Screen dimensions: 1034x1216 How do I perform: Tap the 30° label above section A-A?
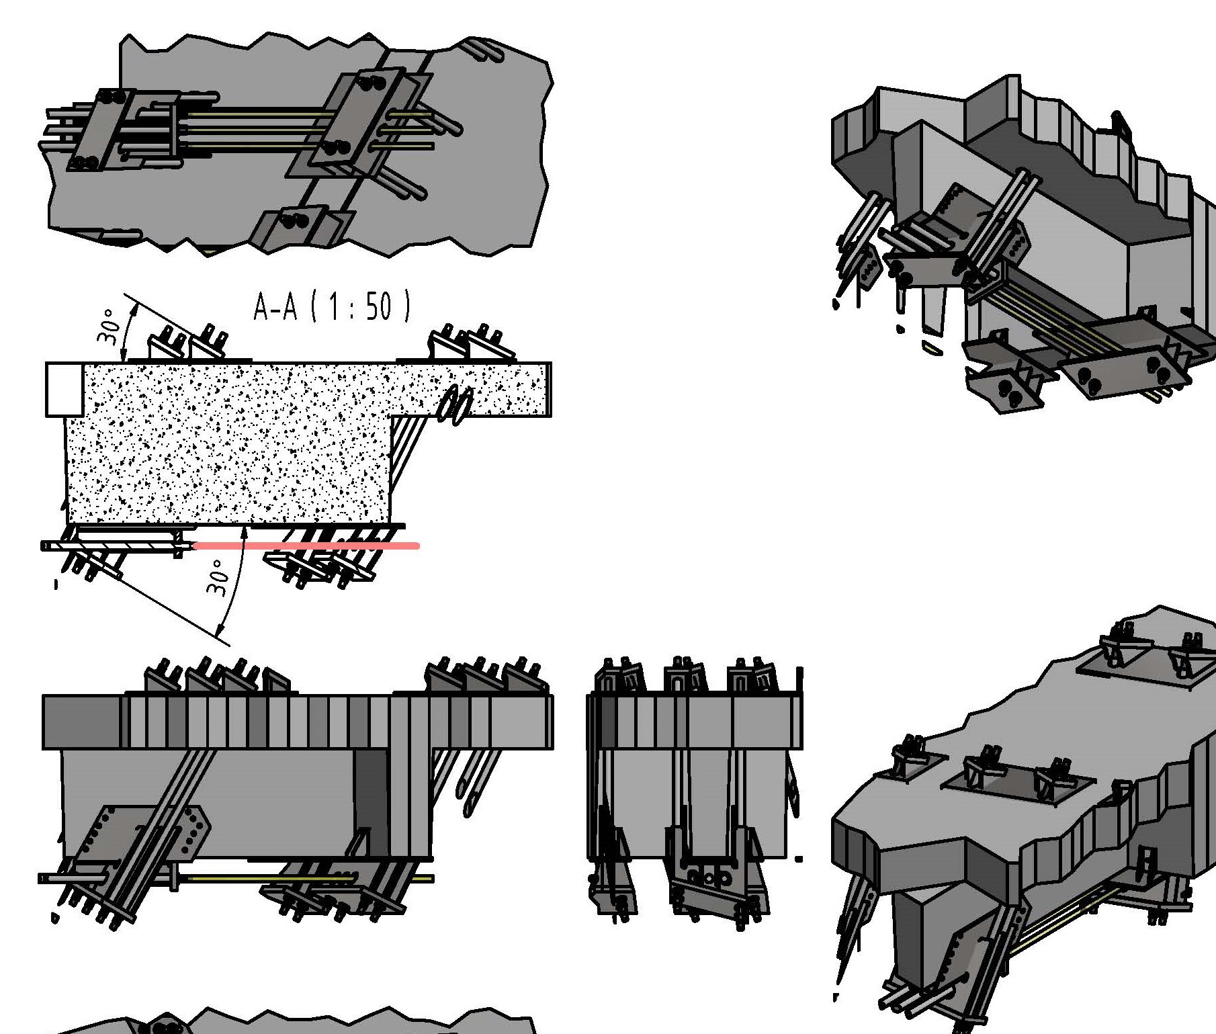point(110,327)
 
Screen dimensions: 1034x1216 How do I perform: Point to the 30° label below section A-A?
point(218,578)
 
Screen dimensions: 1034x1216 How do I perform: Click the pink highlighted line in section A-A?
point(306,546)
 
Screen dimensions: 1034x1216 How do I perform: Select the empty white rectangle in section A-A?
point(64,389)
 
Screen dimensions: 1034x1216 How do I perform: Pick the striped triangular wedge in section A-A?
point(406,450)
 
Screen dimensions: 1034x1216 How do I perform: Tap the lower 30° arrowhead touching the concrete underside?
point(245,531)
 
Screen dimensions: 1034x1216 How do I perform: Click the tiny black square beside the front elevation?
point(798,859)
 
